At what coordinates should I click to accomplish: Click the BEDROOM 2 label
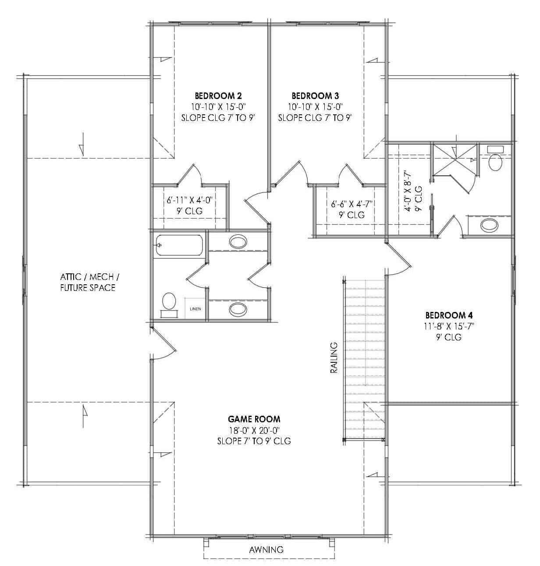218,96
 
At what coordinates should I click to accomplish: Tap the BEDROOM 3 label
315,96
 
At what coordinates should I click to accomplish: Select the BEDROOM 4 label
449,315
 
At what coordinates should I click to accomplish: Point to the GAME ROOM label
254,419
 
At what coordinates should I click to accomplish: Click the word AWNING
266,549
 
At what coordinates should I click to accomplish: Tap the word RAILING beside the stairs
334,357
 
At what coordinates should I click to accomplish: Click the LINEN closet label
195,309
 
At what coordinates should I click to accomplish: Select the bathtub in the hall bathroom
179,245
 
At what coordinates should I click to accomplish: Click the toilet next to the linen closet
169,302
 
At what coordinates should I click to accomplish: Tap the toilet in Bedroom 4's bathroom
495,161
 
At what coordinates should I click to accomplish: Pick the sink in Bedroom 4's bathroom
489,225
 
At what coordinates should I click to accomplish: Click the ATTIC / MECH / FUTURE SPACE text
88,282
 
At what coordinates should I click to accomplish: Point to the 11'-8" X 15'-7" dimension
449,326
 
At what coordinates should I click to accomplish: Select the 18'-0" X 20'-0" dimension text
254,430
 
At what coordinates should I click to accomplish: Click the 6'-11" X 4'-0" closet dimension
189,200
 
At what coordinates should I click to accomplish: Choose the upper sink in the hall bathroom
238,241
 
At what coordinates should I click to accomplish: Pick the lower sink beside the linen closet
238,310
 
